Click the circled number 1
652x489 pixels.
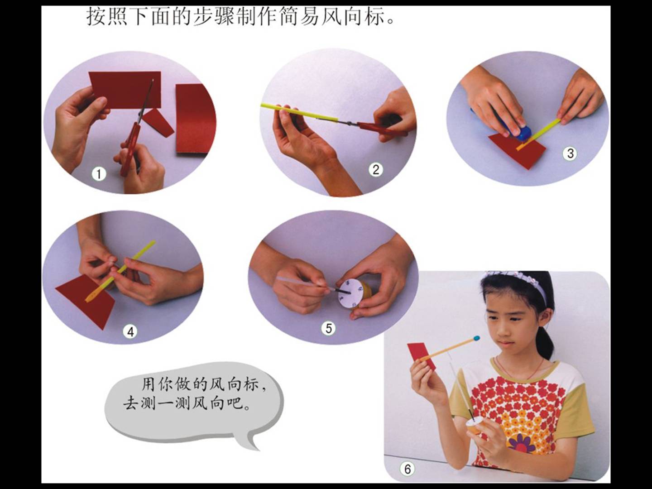pyautogui.click(x=99, y=174)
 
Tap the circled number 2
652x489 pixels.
pyautogui.click(x=376, y=170)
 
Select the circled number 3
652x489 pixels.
pyautogui.click(x=570, y=153)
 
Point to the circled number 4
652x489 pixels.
pyautogui.click(x=130, y=332)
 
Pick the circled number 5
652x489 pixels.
pyautogui.click(x=329, y=328)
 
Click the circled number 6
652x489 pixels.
pyautogui.click(x=407, y=469)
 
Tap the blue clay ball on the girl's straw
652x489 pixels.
pyautogui.click(x=475, y=338)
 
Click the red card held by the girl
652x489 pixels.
pyautogui.click(x=421, y=356)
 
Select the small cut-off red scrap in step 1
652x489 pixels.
pyautogui.click(x=158, y=122)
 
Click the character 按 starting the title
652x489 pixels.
pyautogui.click(x=96, y=17)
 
